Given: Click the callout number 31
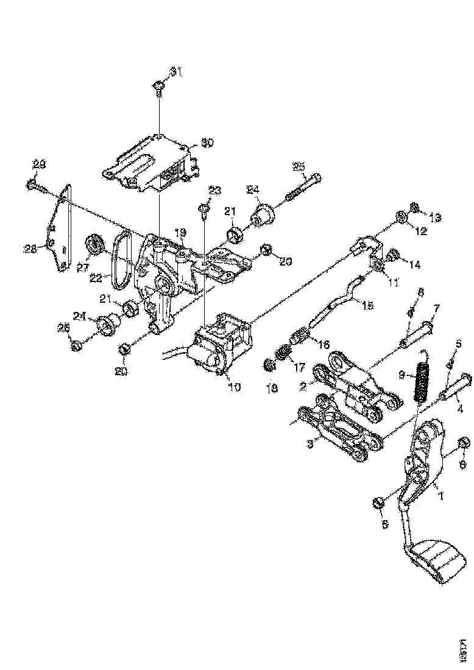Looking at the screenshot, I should (175, 72).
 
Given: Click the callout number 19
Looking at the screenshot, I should (180, 233).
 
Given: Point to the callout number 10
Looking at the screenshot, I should (233, 387).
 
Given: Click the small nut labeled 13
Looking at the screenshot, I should (414, 209).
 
